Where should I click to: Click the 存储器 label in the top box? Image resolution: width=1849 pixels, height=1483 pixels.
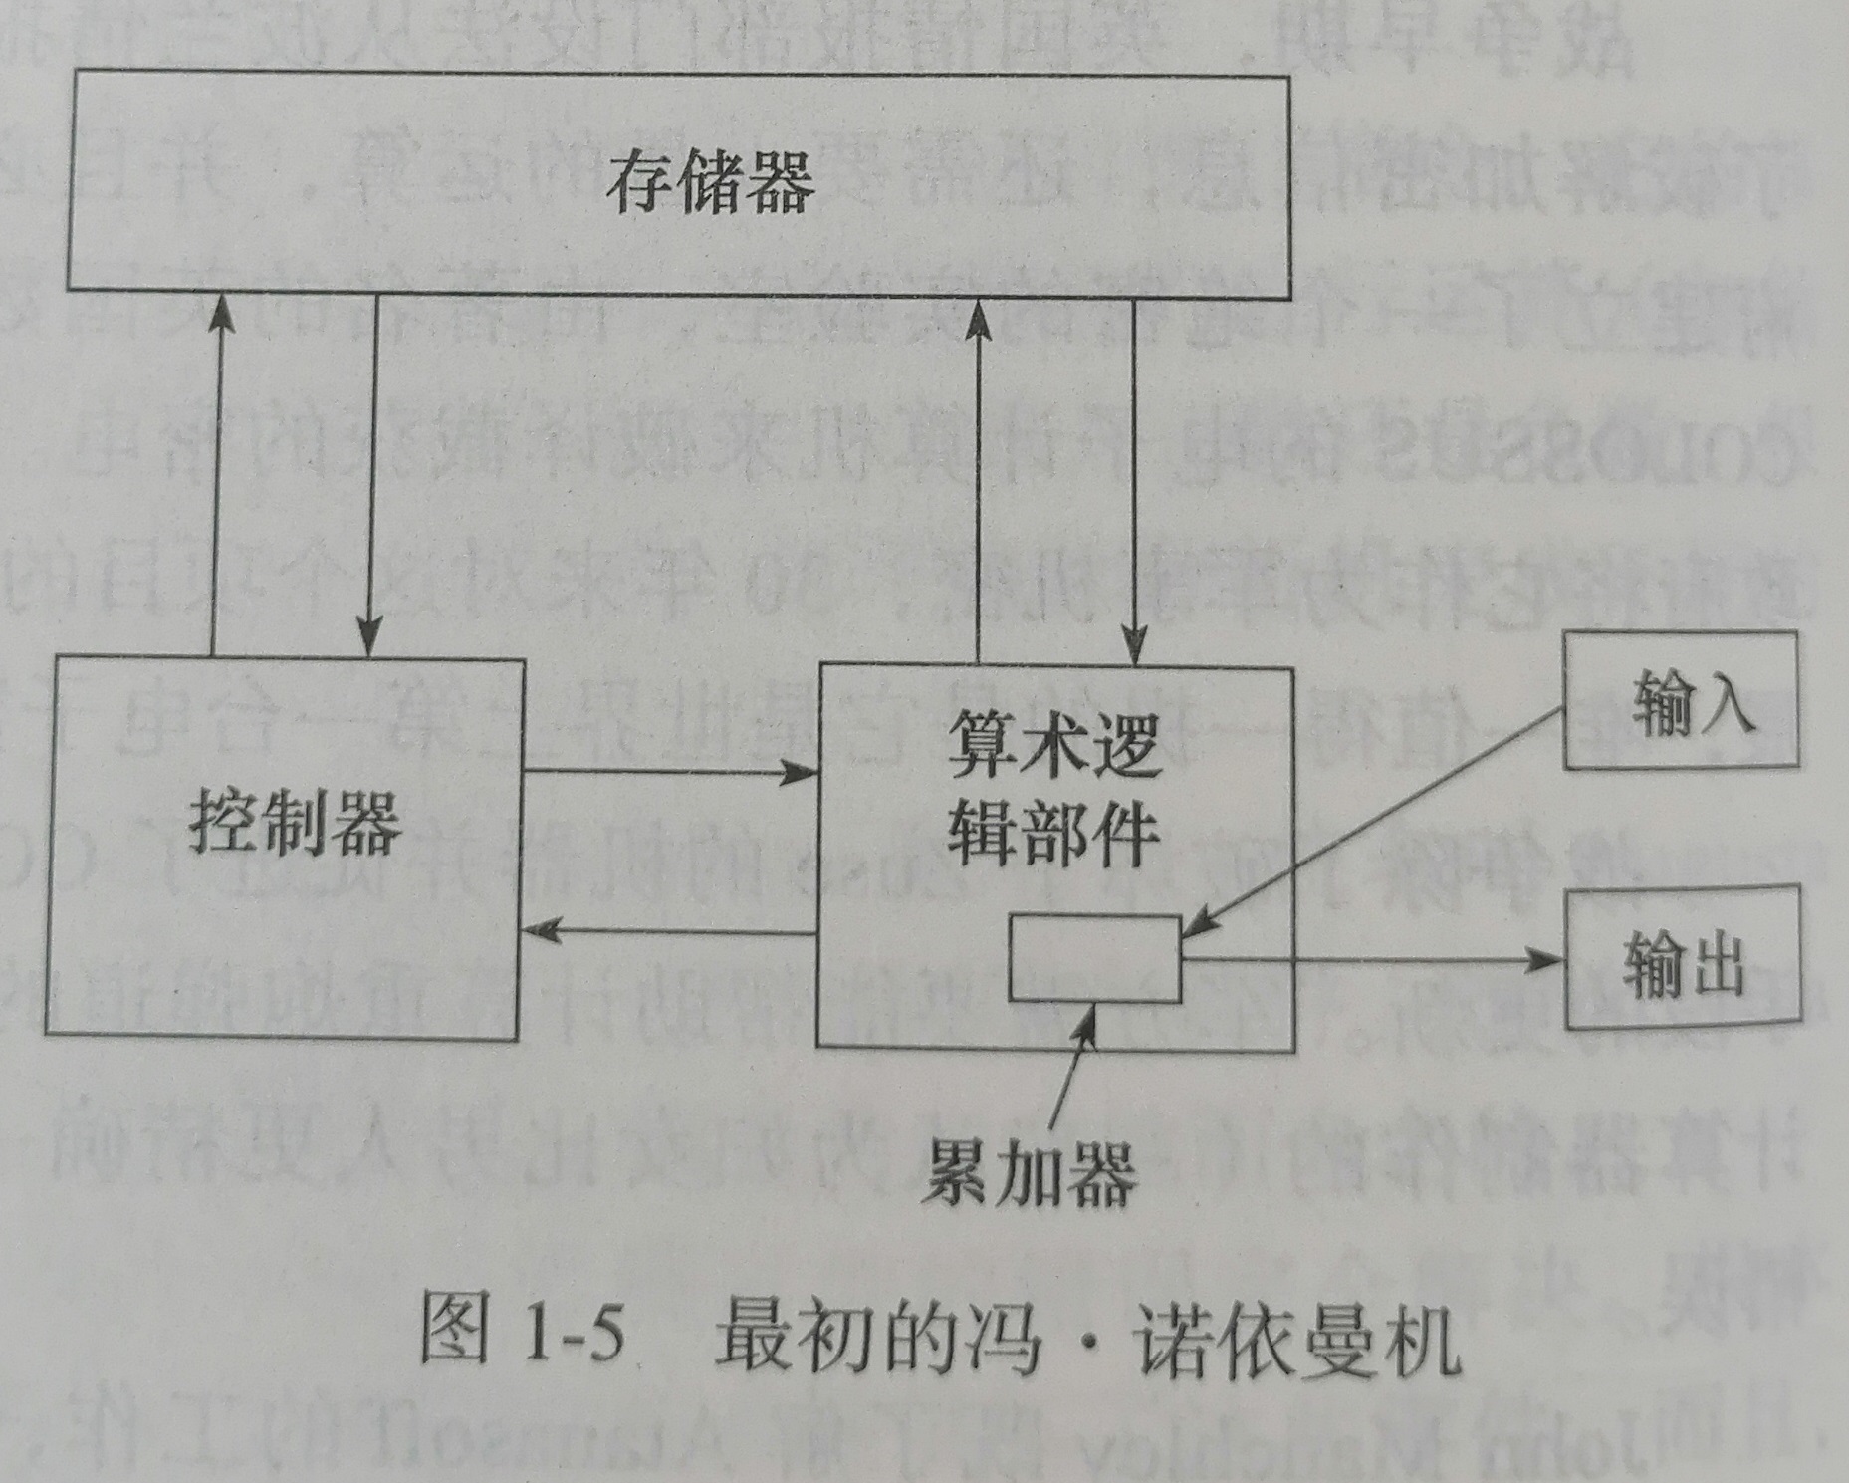[711, 182]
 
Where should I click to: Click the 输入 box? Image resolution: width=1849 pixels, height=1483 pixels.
[1681, 701]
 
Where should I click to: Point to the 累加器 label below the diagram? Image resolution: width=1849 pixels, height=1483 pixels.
[1030, 1173]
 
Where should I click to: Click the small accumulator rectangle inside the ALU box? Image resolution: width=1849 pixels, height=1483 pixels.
[1094, 957]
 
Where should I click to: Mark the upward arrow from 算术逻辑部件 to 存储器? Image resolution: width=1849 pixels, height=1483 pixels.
[979, 478]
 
